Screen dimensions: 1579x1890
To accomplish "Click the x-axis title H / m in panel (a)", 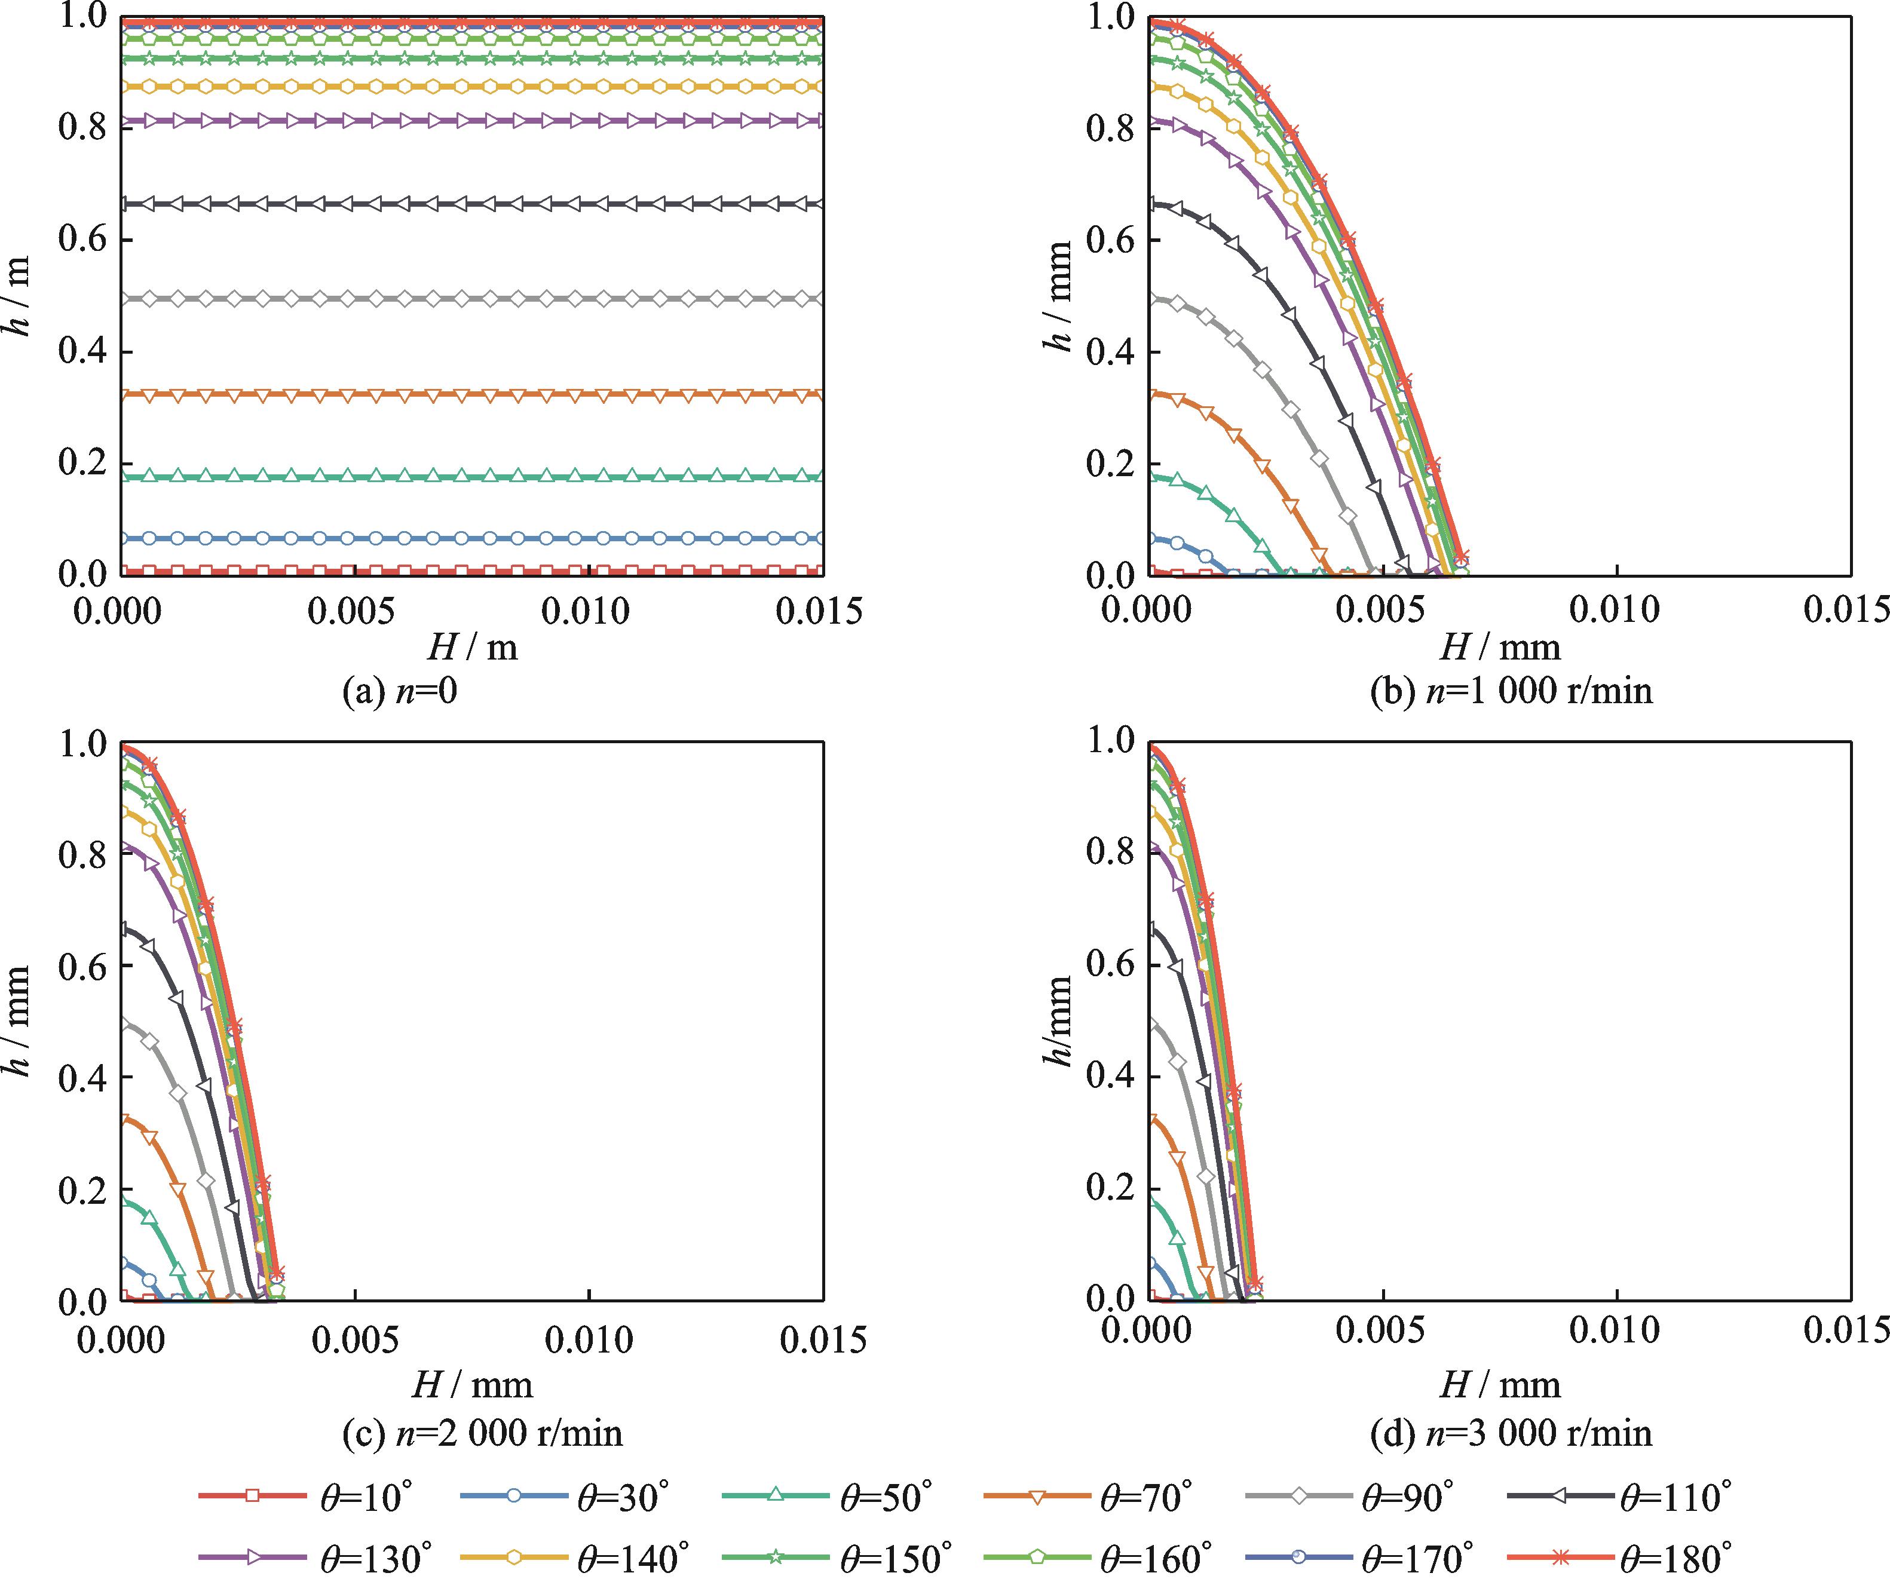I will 473,647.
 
